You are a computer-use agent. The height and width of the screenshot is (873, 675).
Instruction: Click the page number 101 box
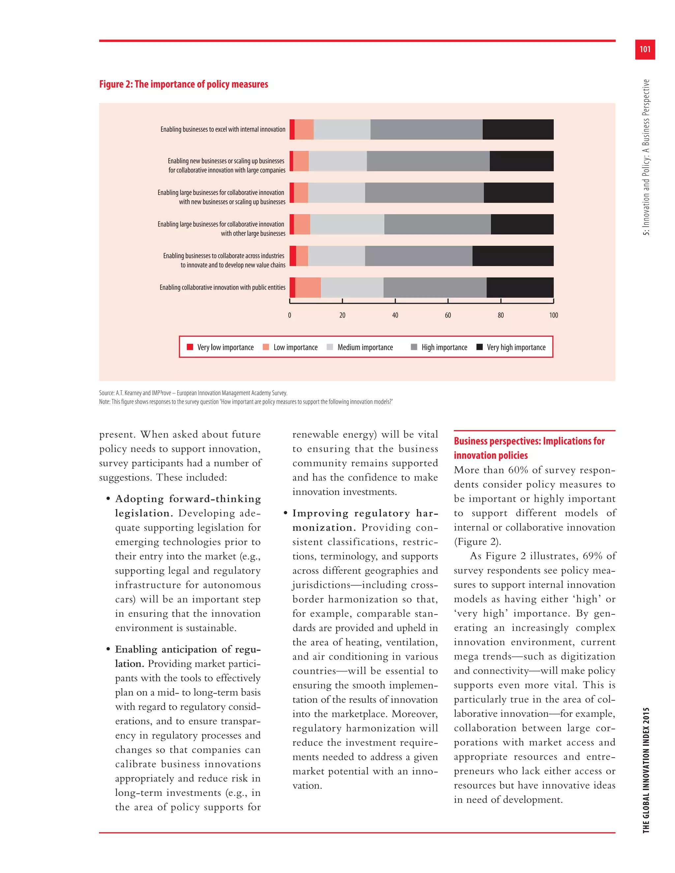click(x=645, y=49)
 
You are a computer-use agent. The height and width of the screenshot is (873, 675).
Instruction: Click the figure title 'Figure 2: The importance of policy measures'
click(x=184, y=84)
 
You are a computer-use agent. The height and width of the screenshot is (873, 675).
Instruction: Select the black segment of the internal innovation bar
click(x=518, y=129)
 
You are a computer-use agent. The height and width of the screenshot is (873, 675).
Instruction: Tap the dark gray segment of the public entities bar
click(x=435, y=287)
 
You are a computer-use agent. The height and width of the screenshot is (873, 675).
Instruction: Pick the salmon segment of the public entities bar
click(x=308, y=287)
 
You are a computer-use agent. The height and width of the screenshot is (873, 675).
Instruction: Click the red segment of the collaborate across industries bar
click(x=293, y=256)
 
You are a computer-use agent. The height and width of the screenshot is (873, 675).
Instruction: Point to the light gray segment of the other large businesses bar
click(x=347, y=224)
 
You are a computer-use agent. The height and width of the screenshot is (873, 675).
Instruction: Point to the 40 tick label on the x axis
click(x=395, y=315)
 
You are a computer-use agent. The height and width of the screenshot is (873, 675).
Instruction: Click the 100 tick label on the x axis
click(x=553, y=315)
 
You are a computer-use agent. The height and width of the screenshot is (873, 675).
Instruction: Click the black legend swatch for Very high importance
click(x=480, y=347)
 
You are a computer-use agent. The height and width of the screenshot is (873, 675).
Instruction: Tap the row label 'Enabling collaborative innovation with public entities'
click(x=222, y=287)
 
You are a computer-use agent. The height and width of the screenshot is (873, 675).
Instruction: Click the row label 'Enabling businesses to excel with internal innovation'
click(x=223, y=129)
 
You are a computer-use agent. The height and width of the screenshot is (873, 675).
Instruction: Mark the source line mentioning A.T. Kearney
click(x=193, y=393)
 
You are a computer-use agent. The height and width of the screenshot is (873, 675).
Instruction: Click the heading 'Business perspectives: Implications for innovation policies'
click(x=529, y=448)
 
